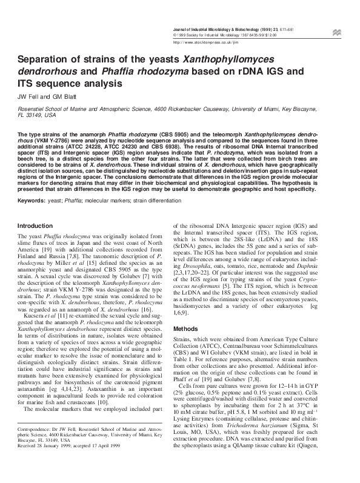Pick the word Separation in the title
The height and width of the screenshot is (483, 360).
point(45,61)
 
